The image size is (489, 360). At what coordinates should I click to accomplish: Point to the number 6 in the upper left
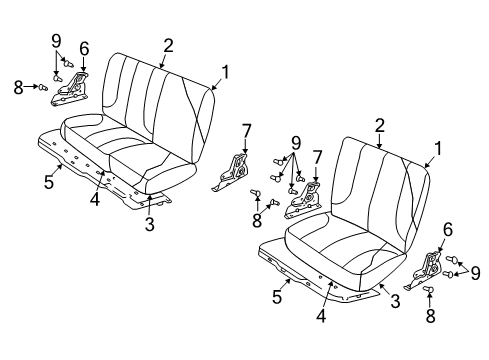(84, 49)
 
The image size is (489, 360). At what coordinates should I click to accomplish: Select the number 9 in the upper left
(56, 40)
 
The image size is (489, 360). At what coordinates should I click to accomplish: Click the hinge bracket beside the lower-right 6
(431, 267)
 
